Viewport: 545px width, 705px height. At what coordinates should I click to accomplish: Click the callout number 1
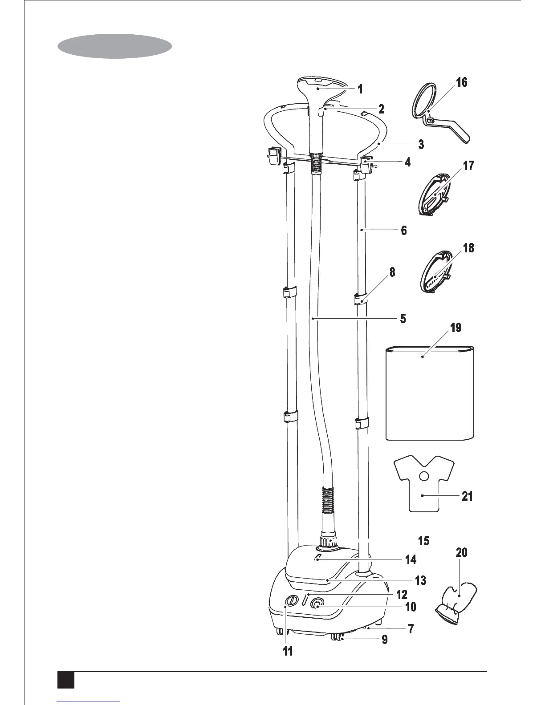coord(360,89)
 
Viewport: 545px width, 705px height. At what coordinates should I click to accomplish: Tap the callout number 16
coord(462,82)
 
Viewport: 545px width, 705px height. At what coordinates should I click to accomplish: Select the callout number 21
coord(467,495)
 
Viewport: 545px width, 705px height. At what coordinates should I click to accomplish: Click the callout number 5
coord(403,319)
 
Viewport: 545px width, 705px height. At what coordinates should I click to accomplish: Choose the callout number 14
coord(411,559)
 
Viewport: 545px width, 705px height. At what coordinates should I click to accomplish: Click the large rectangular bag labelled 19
coord(429,393)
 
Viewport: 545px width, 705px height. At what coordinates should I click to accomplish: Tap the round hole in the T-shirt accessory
coord(424,476)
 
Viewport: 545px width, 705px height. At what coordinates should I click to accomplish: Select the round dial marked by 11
coord(290,601)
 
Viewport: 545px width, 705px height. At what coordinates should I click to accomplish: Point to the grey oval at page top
coord(114,47)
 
